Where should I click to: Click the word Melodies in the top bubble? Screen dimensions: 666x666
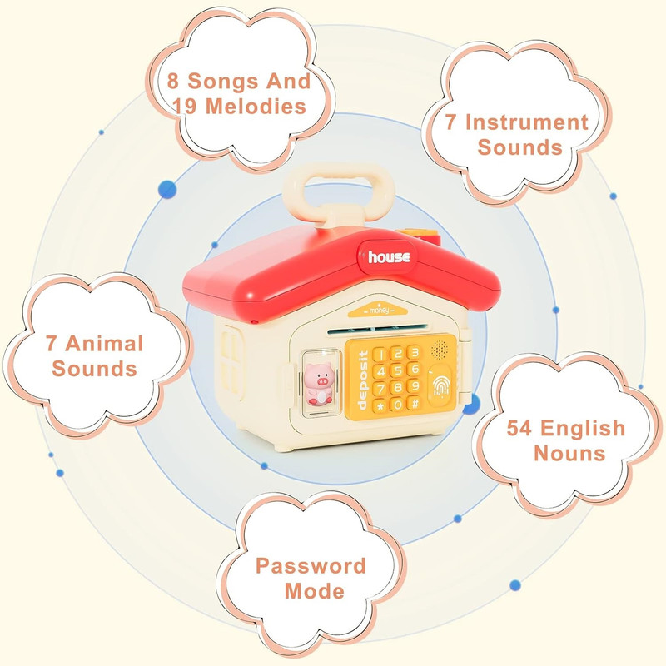point(256,107)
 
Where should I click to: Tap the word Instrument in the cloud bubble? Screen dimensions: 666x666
point(527,122)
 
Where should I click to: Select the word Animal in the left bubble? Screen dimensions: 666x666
point(105,344)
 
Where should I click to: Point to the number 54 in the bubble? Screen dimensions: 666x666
point(519,428)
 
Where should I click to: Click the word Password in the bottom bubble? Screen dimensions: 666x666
point(311,566)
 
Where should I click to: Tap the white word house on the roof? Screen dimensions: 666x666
point(389,257)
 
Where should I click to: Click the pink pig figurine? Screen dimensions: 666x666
point(319,384)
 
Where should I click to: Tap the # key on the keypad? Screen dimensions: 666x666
point(414,403)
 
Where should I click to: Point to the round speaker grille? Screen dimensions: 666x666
point(440,350)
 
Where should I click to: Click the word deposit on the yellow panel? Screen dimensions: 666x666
point(362,380)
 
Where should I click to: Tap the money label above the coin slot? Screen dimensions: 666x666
point(379,311)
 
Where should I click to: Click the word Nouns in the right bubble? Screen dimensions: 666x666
point(569,453)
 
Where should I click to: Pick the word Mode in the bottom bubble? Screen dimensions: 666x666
point(315,591)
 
